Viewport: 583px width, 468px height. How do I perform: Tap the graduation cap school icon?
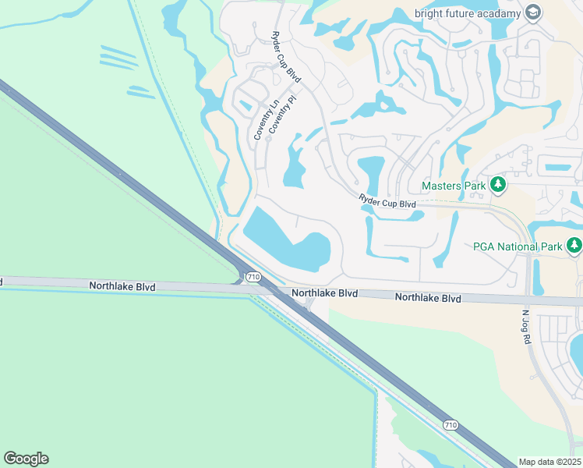(x=533, y=12)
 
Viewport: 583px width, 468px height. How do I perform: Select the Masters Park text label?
(x=454, y=186)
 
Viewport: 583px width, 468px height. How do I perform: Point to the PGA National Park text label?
(x=518, y=247)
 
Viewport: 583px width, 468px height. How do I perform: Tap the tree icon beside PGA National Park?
(x=574, y=246)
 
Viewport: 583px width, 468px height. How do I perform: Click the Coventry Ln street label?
(x=264, y=121)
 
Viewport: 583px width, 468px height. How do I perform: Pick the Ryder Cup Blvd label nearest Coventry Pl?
(x=285, y=58)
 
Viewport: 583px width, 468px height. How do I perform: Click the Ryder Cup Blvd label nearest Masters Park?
(x=387, y=202)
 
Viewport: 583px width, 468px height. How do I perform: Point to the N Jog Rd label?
(x=525, y=328)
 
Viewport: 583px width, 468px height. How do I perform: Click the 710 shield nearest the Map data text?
(x=450, y=424)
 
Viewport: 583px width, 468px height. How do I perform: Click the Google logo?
(x=26, y=459)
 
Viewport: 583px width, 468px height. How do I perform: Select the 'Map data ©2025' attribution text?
(x=550, y=462)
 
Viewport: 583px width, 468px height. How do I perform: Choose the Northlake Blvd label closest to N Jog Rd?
(x=428, y=298)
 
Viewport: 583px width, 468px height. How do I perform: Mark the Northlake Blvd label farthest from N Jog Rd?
(x=122, y=287)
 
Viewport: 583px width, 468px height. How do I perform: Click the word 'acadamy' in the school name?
(x=497, y=12)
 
